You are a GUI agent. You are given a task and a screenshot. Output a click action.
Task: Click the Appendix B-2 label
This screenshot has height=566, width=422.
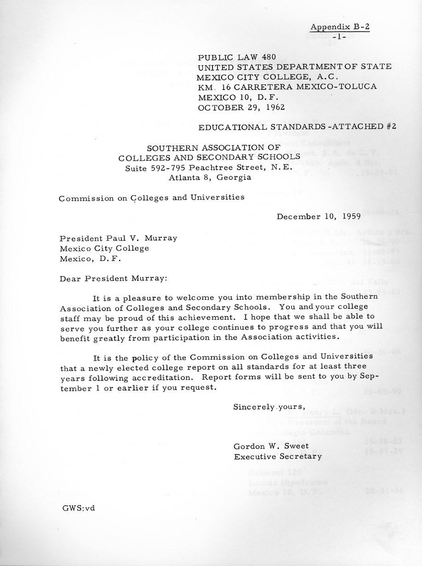tap(340, 27)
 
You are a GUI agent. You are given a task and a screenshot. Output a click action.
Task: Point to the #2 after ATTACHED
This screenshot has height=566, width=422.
tap(391, 127)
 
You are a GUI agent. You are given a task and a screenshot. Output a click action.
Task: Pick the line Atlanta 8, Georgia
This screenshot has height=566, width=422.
tap(210, 178)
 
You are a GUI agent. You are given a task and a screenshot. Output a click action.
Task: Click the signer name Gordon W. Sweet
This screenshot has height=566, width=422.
tap(271, 446)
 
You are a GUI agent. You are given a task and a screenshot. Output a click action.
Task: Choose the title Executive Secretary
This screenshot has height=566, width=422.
tap(278, 456)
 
